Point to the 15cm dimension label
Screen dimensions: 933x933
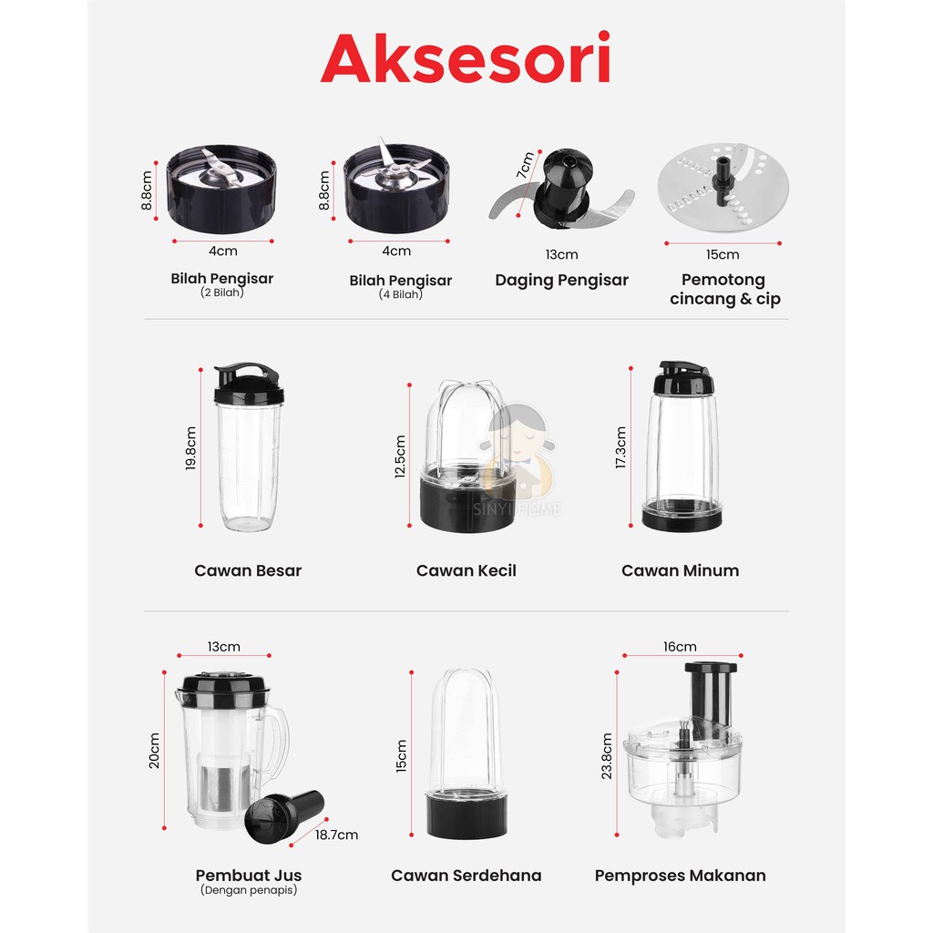click(723, 254)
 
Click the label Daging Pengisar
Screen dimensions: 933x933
click(561, 280)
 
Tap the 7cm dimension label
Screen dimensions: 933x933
click(524, 167)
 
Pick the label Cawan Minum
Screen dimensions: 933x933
click(680, 570)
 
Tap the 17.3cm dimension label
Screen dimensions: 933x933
click(621, 447)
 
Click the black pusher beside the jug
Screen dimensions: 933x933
click(289, 811)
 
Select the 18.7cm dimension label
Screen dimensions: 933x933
click(336, 834)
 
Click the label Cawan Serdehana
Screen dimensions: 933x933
click(466, 876)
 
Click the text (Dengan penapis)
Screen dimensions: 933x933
click(248, 891)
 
